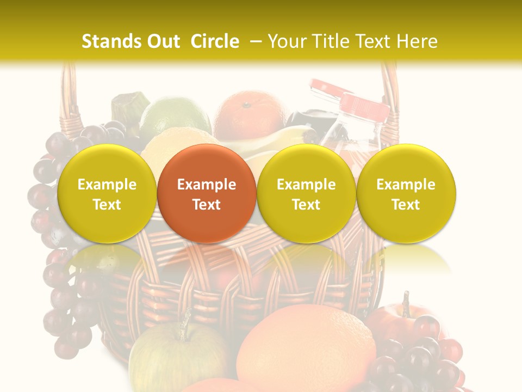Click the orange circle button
[x=207, y=193]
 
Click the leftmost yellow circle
[x=107, y=193]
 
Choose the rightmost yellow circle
[x=406, y=193]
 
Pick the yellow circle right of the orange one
[x=306, y=193]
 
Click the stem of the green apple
[x=185, y=323]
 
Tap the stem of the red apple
[x=406, y=303]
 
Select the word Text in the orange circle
[x=207, y=205]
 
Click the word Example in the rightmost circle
[x=406, y=185]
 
